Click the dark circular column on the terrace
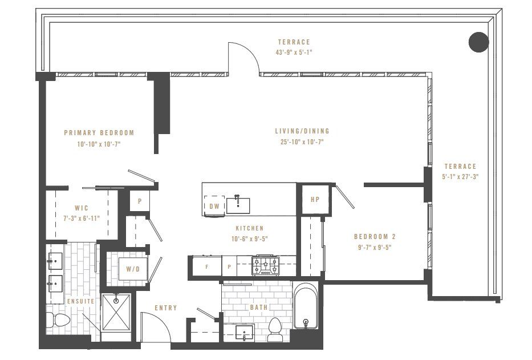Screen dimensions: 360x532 click(x=478, y=42)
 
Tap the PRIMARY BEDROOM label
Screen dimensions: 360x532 click(x=99, y=133)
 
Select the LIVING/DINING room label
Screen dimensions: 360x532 click(x=302, y=131)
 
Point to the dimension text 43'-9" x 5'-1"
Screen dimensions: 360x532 click(x=294, y=52)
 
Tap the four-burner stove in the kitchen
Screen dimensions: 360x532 click(x=267, y=264)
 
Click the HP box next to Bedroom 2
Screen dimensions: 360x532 click(x=315, y=200)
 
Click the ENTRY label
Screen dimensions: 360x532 click(x=165, y=308)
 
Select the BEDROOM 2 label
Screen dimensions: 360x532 click(x=374, y=237)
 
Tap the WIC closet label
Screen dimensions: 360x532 click(x=80, y=208)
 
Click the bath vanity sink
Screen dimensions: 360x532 click(x=246, y=333)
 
